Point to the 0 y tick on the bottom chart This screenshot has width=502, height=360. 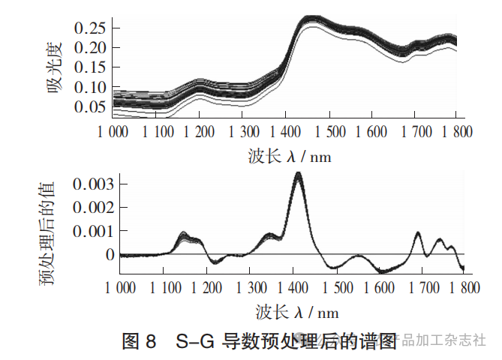coord(111,255)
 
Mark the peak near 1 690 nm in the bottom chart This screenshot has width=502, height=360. coord(419,233)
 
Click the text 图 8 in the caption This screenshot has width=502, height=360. coord(139,342)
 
